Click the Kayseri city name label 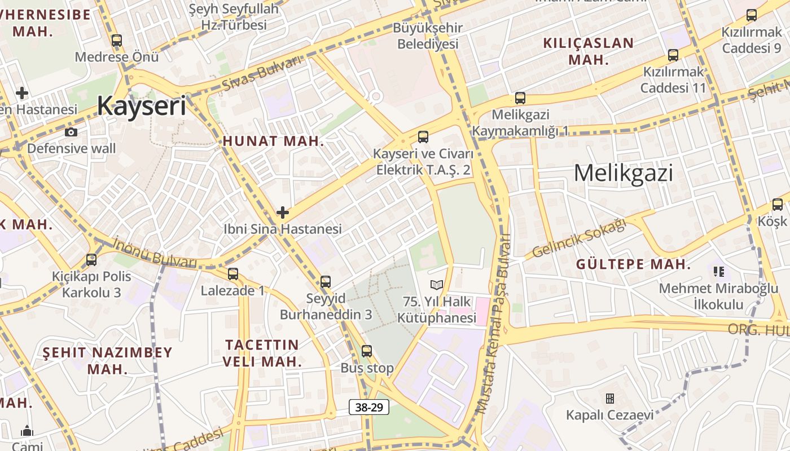click(141, 105)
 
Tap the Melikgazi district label click(623, 173)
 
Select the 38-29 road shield click(369, 407)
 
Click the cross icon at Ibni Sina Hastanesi click(283, 213)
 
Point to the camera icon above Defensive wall click(71, 132)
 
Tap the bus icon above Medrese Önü click(117, 41)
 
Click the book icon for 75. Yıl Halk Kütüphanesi click(437, 285)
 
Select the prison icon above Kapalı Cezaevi click(610, 399)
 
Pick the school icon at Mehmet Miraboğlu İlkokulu click(719, 272)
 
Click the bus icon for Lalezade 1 click(233, 274)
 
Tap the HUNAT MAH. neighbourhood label click(274, 142)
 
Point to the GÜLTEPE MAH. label click(633, 264)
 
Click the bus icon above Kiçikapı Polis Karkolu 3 click(91, 260)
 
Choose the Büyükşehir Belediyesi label click(428, 36)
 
